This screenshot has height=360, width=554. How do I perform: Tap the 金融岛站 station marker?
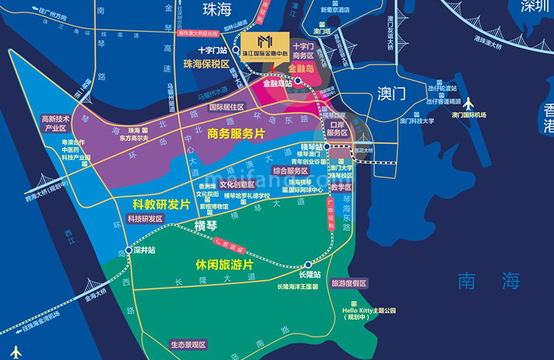click(x=297, y=81)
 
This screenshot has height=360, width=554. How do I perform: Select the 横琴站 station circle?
click(x=327, y=146)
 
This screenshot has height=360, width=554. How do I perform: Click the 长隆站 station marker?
click(x=308, y=264)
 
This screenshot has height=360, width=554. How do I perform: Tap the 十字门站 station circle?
click(x=235, y=50)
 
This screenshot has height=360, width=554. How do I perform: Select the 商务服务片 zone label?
click(x=235, y=133)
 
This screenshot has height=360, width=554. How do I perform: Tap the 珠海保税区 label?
click(x=206, y=64)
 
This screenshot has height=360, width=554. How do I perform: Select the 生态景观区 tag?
click(x=188, y=344)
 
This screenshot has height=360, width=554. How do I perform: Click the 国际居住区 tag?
click(x=226, y=107)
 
